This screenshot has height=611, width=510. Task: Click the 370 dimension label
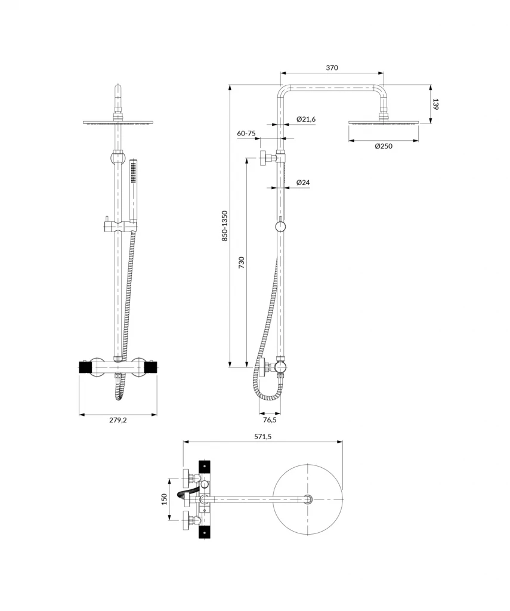click(332, 67)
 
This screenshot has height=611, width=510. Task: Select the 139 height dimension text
click(436, 104)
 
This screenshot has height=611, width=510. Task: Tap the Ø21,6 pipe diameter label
click(305, 119)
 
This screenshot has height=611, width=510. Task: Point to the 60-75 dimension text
click(246, 133)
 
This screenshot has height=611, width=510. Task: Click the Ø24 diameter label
click(302, 183)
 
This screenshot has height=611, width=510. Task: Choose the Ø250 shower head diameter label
click(384, 147)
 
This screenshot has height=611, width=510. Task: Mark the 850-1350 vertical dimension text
click(224, 226)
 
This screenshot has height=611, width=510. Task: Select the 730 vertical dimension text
click(242, 263)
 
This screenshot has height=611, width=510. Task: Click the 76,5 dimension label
click(270, 419)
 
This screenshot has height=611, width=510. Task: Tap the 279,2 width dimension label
click(118, 420)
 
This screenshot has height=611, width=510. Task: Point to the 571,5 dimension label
click(262, 436)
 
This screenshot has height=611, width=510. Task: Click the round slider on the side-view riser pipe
click(280, 227)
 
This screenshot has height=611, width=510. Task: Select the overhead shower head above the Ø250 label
click(384, 123)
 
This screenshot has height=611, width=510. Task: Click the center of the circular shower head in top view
click(308, 499)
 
